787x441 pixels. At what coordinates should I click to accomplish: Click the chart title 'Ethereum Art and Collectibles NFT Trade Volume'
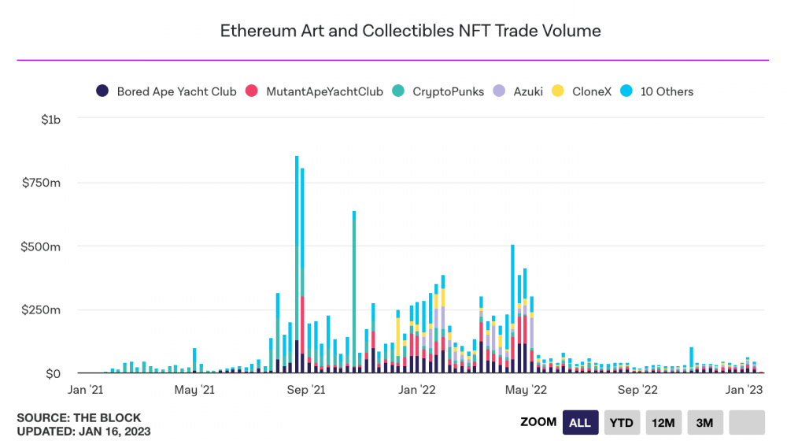tap(410, 31)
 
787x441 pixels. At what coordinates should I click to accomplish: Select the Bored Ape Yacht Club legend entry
tap(166, 91)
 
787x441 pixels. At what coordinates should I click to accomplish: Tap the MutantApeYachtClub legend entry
tap(314, 91)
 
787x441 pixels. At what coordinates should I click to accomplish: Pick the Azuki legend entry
tap(518, 91)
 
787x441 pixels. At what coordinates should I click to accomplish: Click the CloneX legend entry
tap(582, 91)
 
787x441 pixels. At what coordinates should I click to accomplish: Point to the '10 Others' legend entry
tap(656, 91)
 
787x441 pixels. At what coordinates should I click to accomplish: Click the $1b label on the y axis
tap(50, 120)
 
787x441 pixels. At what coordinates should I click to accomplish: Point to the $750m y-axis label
tap(41, 183)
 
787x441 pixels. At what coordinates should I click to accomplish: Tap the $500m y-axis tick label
tap(41, 246)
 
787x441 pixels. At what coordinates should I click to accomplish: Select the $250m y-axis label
tap(41, 310)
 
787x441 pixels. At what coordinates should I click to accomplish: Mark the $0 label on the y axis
tap(54, 374)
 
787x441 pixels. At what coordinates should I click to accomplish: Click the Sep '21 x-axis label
tap(306, 390)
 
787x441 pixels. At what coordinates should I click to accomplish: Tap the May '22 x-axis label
tap(526, 390)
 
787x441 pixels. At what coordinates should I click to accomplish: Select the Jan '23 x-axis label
tap(745, 390)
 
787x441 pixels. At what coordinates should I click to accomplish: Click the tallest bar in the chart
tap(297, 264)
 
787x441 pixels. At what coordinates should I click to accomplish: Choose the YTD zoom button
tap(622, 422)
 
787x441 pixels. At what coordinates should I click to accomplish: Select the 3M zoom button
tap(704, 422)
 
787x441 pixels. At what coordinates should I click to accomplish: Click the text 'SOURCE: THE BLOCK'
tap(79, 418)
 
